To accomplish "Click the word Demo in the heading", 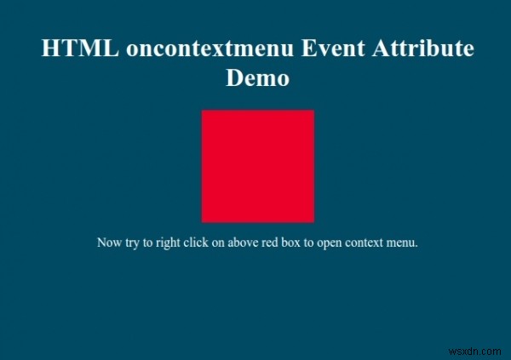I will pyautogui.click(x=257, y=78).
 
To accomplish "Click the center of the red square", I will pyautogui.click(x=257, y=166).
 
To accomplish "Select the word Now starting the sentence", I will pyautogui.click(x=109, y=243).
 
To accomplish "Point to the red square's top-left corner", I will pyautogui.click(x=203, y=111).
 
